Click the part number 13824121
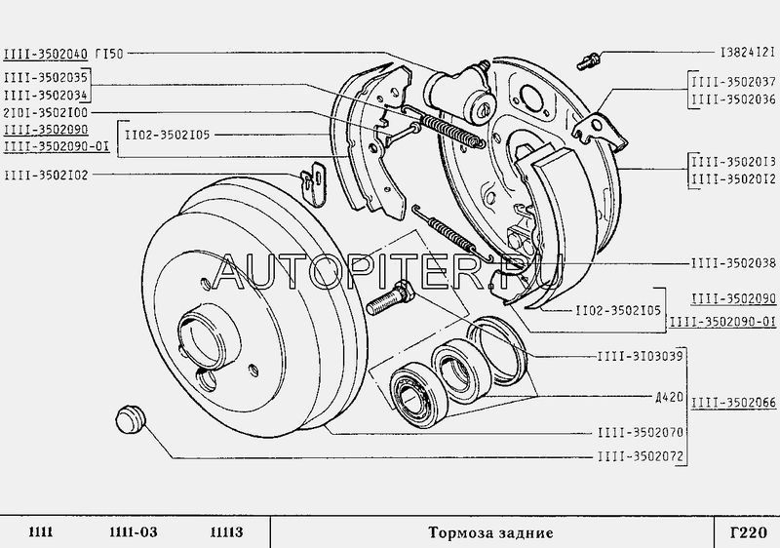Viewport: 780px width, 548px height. click(748, 53)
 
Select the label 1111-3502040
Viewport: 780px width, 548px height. click(46, 54)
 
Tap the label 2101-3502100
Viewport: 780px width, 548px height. click(45, 112)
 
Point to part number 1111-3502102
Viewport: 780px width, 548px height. click(46, 176)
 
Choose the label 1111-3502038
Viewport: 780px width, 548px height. click(733, 263)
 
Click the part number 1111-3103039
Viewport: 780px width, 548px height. click(641, 356)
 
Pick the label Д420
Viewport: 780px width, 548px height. click(669, 397)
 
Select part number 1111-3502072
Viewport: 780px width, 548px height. click(641, 456)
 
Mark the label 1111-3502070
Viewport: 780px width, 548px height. click(641, 432)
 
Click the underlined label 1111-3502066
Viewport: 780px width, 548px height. click(733, 402)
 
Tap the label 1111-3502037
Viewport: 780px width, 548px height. click(733, 82)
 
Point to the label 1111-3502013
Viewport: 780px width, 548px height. click(733, 162)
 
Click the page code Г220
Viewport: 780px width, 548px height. click(748, 532)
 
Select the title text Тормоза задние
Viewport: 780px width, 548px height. click(490, 533)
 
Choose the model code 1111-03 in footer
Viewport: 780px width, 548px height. click(134, 532)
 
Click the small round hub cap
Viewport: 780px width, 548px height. click(130, 418)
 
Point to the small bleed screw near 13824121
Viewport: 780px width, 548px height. click(590, 59)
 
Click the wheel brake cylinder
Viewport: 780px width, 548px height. click(460, 91)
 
